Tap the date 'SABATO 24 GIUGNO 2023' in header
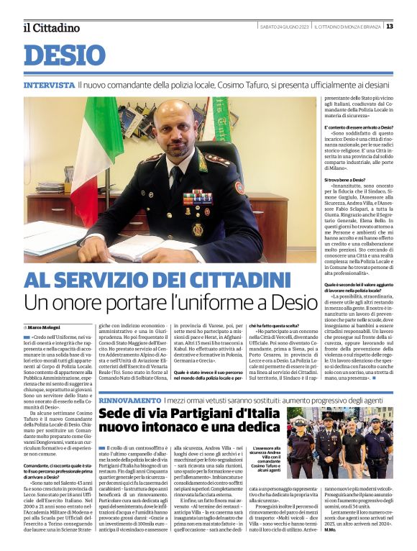click(x=285, y=27)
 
